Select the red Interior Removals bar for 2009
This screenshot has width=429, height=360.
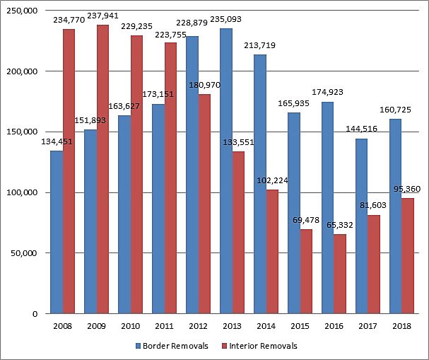[102, 170]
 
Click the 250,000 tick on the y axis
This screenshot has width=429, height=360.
[23, 11]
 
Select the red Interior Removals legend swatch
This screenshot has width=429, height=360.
[225, 347]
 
